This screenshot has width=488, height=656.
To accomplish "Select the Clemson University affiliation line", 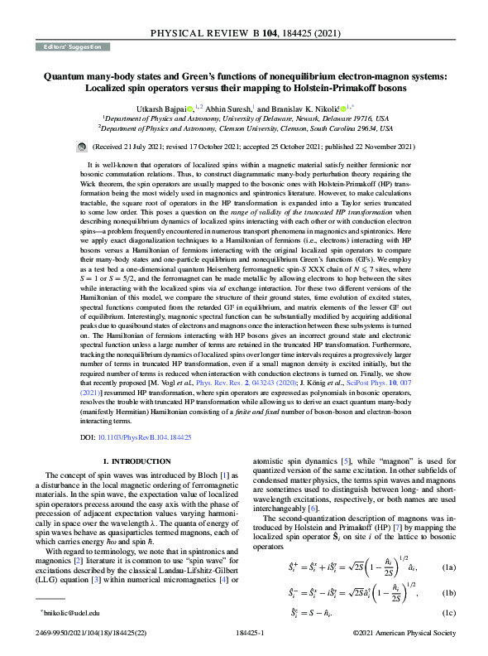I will tap(245, 129).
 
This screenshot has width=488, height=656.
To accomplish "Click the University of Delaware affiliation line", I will tap(245, 119).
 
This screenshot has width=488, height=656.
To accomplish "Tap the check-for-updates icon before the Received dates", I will tap(80, 146).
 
